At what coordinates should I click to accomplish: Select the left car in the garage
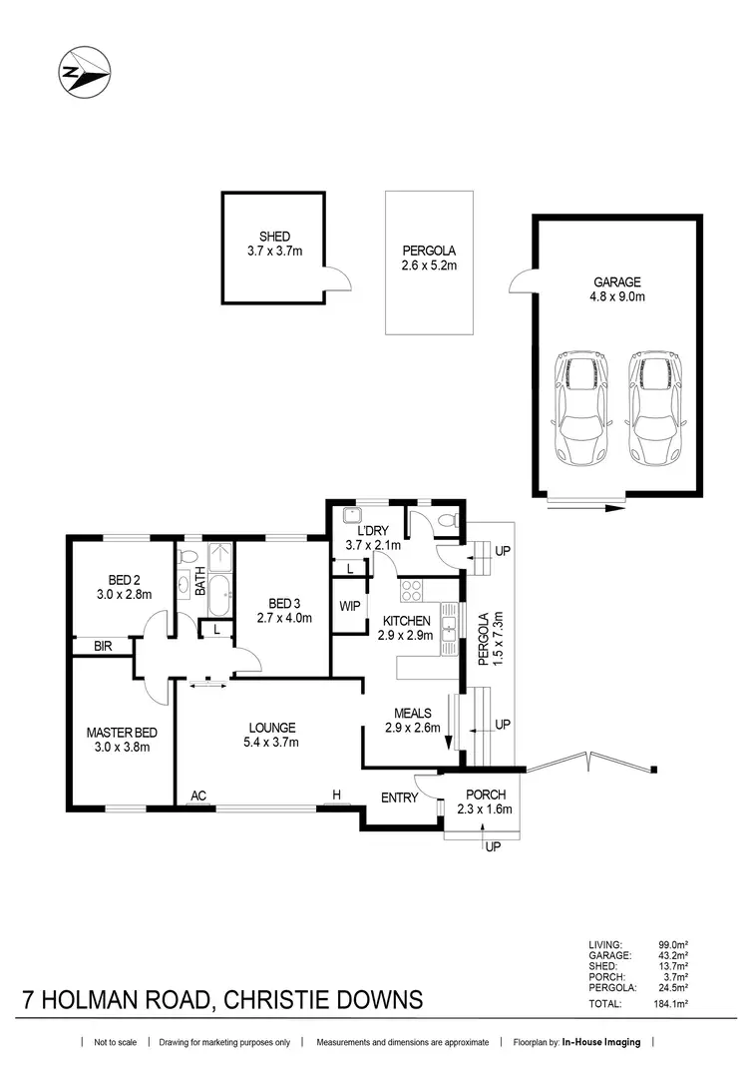coord(580,407)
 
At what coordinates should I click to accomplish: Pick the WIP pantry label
coord(349,606)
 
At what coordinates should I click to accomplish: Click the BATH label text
coord(199,582)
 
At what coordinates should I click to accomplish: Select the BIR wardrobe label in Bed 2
coord(101,647)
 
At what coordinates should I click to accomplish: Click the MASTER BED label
coord(117,732)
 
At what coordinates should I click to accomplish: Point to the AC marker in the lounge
coord(199,795)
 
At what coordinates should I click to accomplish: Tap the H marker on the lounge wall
coord(337,795)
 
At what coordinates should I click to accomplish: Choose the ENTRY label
coord(399,798)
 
